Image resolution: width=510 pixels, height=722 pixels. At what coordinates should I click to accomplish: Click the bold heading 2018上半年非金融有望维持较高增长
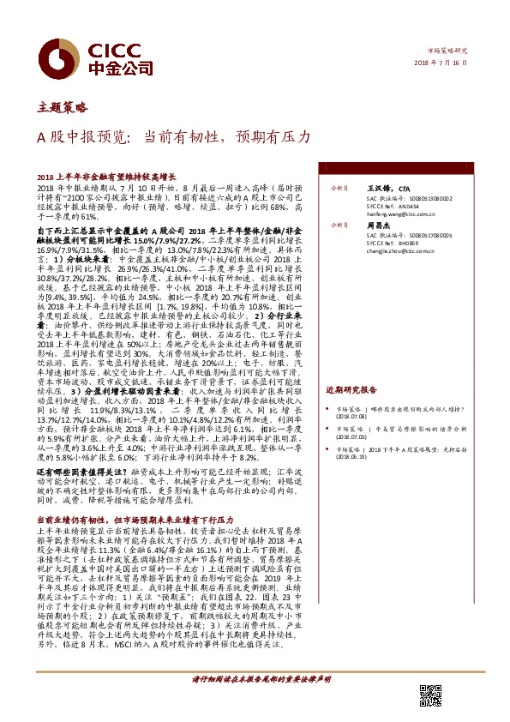[x=108, y=175]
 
